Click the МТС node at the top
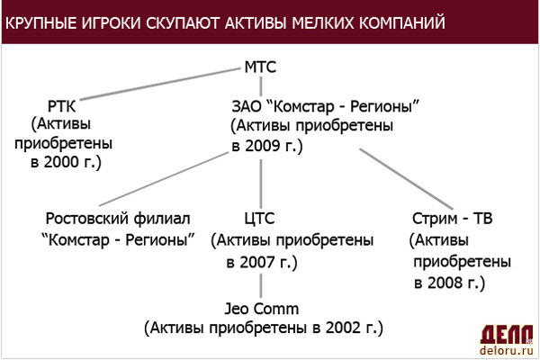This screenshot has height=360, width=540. click(260, 67)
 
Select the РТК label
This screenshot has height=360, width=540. click(61, 106)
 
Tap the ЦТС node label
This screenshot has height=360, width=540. click(259, 219)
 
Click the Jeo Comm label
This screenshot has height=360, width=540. click(261, 309)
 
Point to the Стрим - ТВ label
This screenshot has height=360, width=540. click(452, 219)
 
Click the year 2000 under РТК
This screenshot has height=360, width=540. click(61, 162)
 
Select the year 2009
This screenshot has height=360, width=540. click(263, 146)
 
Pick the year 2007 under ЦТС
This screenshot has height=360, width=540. click(256, 263)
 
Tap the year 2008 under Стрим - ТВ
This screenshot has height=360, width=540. click(445, 283)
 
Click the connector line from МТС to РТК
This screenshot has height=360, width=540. click(160, 84)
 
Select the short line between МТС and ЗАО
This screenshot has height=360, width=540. click(261, 86)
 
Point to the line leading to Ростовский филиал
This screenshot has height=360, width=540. click(164, 179)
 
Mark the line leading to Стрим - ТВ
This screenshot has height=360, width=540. click(407, 179)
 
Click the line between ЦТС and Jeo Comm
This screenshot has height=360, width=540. click(261, 285)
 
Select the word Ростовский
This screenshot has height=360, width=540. click(87, 219)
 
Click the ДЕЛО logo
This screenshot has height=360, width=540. click(507, 334)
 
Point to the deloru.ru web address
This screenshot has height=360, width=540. click(507, 351)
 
